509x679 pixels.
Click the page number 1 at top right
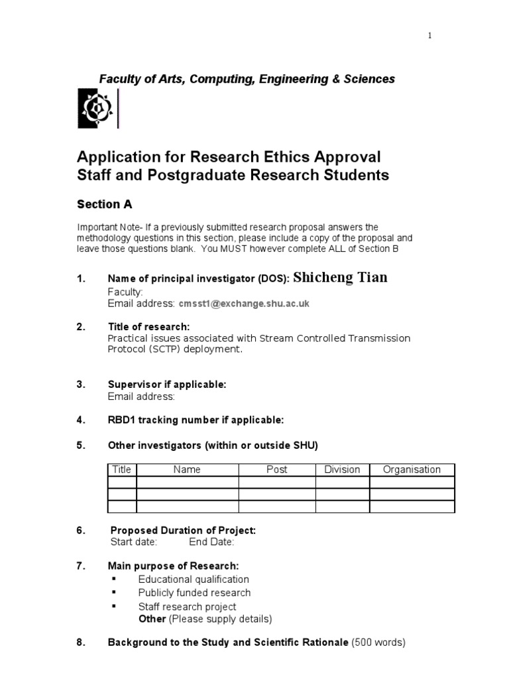click(x=429, y=36)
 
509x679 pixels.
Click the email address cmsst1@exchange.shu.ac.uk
click(x=244, y=303)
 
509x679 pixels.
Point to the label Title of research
click(x=148, y=327)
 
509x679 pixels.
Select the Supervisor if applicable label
click(x=167, y=385)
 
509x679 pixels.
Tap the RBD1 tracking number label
click(x=196, y=420)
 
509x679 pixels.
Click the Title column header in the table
click(x=122, y=469)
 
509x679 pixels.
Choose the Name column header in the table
click(x=187, y=469)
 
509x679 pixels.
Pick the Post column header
click(x=276, y=469)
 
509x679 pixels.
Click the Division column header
click(x=342, y=469)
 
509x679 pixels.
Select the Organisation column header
click(x=412, y=469)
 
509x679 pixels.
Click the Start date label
click(x=133, y=542)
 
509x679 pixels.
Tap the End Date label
click(x=211, y=542)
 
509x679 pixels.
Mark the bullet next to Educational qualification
click(x=114, y=579)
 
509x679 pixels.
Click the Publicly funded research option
click(x=194, y=593)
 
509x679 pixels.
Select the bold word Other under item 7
click(x=152, y=619)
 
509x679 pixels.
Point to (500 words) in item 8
click(x=378, y=643)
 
